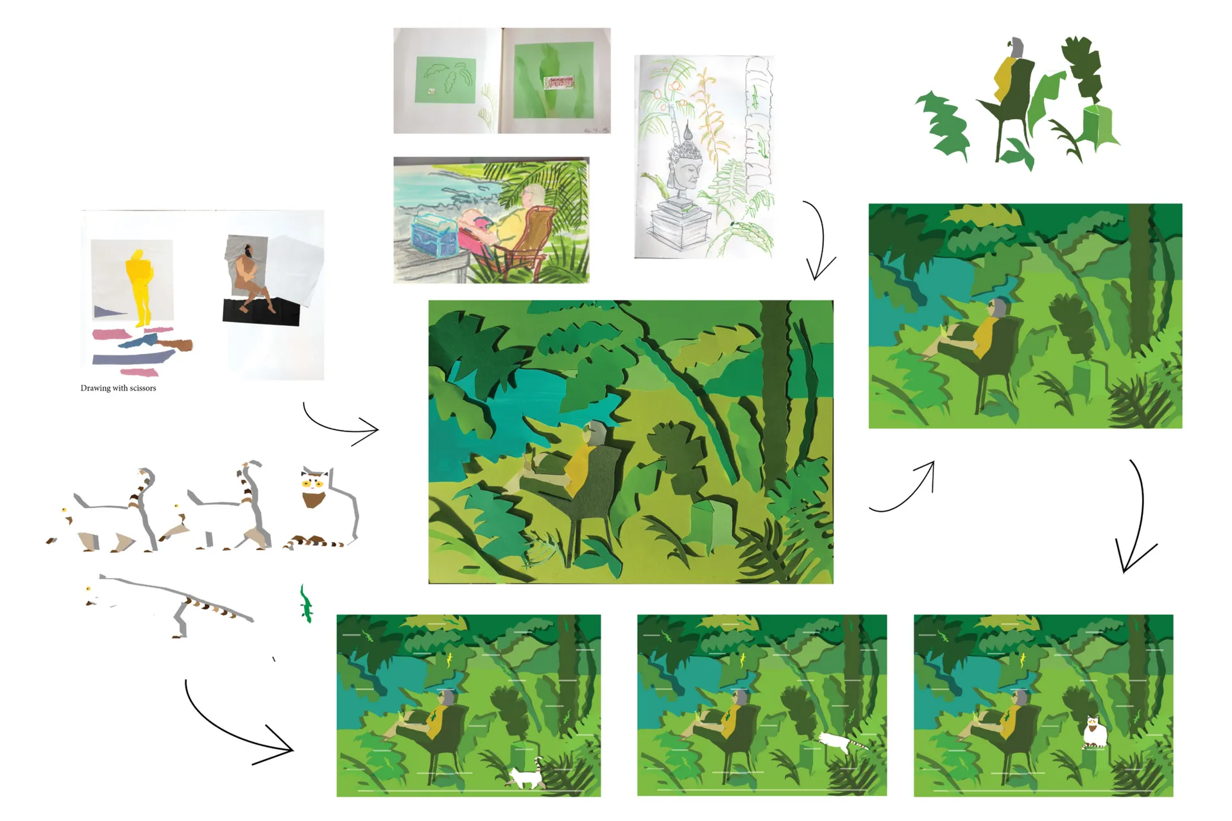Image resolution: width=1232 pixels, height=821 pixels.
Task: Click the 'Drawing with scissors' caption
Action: tap(118, 388)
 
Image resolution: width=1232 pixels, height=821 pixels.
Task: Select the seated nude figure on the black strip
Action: tap(252, 282)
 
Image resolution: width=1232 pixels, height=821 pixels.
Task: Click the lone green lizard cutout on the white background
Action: tap(306, 603)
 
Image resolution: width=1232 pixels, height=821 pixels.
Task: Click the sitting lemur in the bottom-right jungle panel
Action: tap(1094, 732)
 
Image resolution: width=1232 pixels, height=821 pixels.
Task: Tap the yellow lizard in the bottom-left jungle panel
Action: tap(449, 659)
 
